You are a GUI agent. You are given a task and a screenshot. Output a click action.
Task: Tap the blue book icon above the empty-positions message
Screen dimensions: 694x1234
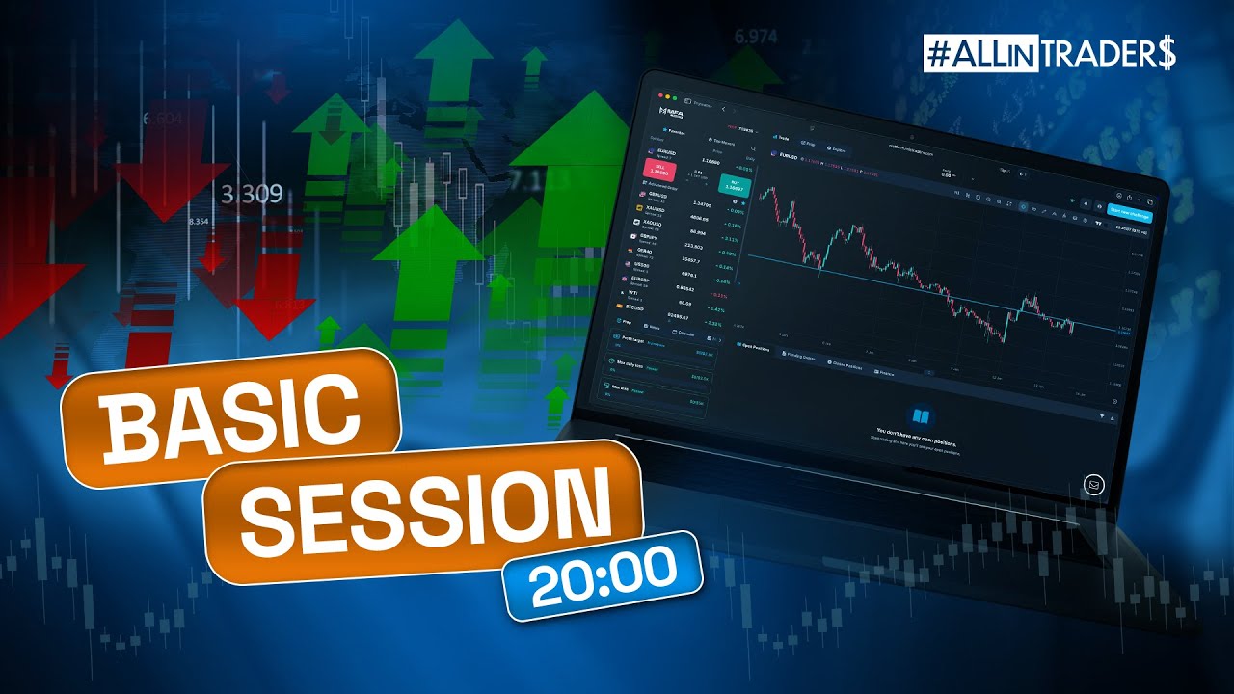point(922,416)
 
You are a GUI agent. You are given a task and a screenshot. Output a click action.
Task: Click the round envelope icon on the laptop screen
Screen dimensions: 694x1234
point(1093,485)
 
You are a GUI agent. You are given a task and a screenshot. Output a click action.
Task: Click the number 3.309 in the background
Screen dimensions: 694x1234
point(252,196)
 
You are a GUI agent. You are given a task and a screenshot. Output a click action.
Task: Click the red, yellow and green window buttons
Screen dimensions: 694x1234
point(666,98)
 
